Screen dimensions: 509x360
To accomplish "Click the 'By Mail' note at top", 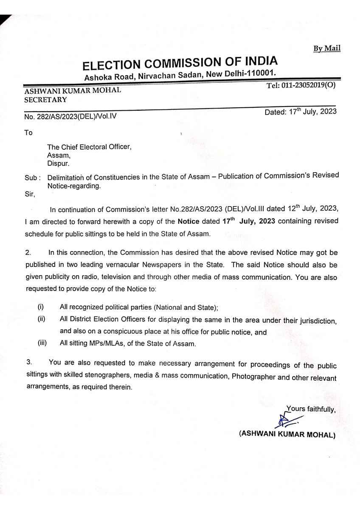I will click(x=326, y=49).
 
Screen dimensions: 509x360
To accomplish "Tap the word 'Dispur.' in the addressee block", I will click(x=58, y=162).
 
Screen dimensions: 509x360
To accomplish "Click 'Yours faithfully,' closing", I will click(x=311, y=409).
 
